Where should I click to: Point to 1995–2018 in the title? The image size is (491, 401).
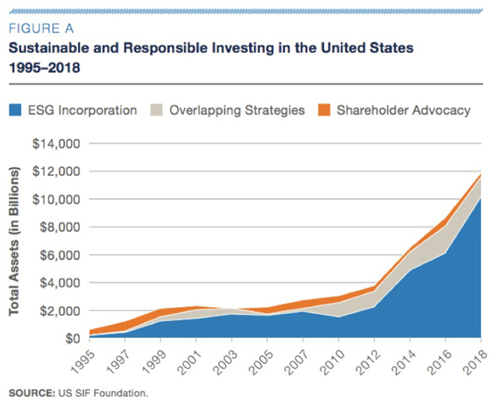(43, 69)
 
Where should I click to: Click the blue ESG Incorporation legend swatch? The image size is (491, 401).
(15, 110)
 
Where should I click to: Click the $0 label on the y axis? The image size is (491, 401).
(72, 339)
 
